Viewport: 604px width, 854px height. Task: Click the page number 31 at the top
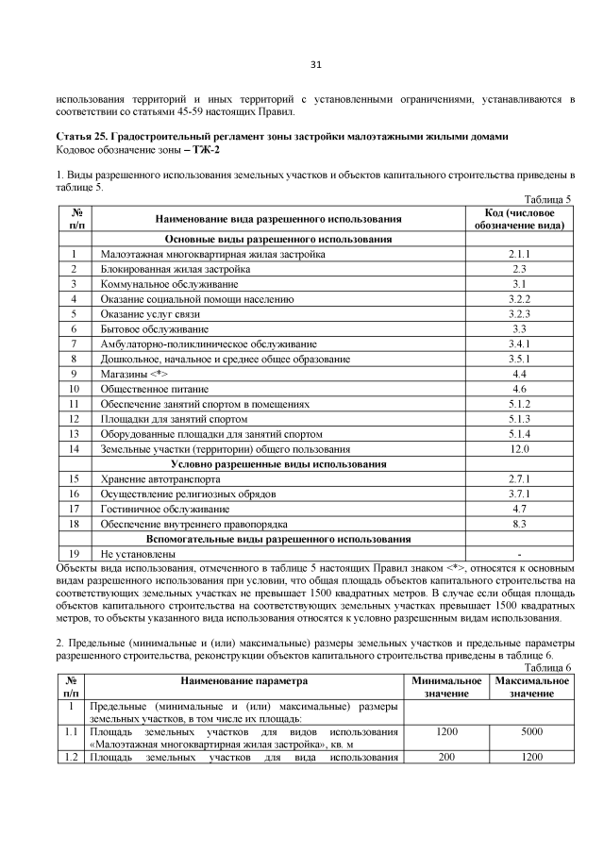316,64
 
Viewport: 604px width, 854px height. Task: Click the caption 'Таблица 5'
549,199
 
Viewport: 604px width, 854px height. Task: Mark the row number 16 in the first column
73,494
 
